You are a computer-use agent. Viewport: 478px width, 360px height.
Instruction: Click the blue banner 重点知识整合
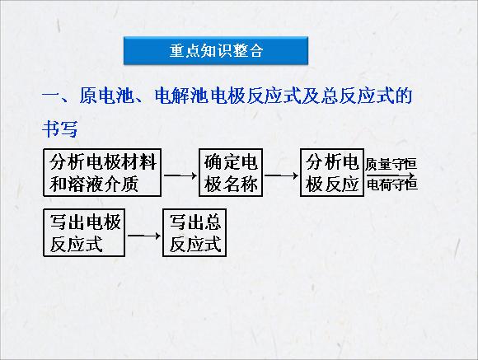pyautogui.click(x=216, y=50)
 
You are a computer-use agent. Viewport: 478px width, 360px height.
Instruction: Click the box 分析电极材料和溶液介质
pyautogui.click(x=102, y=172)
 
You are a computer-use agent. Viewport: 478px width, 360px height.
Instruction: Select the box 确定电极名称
pyautogui.click(x=231, y=172)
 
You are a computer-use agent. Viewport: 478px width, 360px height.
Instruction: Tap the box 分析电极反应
pyautogui.click(x=332, y=172)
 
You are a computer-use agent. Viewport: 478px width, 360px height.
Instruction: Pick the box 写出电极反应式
pyautogui.click(x=84, y=232)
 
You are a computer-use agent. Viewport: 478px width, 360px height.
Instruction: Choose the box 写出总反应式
pyautogui.click(x=194, y=232)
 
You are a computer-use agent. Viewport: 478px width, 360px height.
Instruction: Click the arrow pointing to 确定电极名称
pyautogui.click(x=180, y=175)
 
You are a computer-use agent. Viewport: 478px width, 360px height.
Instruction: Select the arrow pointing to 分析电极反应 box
pyautogui.click(x=281, y=175)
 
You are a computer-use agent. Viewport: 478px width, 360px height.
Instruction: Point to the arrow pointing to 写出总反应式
pyautogui.click(x=144, y=236)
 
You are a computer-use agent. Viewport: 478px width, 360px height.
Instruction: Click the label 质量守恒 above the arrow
pyautogui.click(x=391, y=164)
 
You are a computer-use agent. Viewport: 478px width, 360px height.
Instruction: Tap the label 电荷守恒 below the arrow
pyautogui.click(x=391, y=185)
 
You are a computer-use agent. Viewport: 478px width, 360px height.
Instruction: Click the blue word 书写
pyautogui.click(x=59, y=129)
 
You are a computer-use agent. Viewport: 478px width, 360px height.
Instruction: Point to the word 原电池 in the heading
pyautogui.click(x=106, y=96)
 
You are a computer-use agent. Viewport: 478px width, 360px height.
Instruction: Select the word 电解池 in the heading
pyautogui.click(x=182, y=96)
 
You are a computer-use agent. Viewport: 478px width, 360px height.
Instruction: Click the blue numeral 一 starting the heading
pyautogui.click(x=52, y=96)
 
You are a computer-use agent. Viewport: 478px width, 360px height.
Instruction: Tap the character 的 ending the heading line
pyautogui.click(x=404, y=96)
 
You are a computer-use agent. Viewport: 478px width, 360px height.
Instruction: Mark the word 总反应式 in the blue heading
pyautogui.click(x=358, y=96)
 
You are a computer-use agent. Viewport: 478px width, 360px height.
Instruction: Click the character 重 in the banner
pyautogui.click(x=177, y=50)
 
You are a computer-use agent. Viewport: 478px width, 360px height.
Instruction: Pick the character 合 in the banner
pyautogui.click(x=255, y=50)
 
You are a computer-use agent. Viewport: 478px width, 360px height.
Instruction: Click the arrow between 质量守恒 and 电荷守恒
pyautogui.click(x=391, y=175)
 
